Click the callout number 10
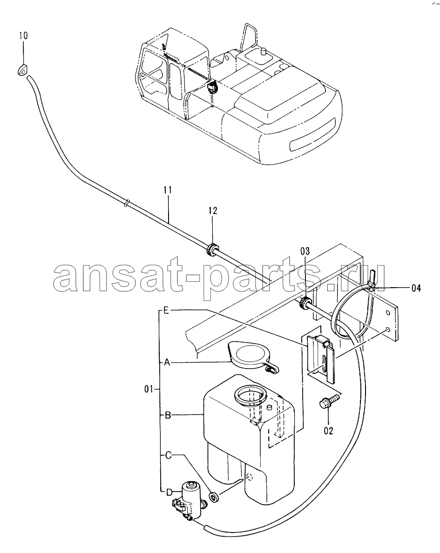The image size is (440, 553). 23,36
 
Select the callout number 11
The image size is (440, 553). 168,190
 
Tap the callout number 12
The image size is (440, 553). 212,210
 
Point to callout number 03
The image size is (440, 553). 305,251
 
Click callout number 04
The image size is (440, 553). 416,288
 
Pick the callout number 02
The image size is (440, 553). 328,431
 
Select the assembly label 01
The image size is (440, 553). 149,389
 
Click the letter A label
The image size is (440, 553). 167,362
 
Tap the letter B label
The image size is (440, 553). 168,415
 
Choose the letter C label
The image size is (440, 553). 168,455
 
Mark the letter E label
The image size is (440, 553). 167,310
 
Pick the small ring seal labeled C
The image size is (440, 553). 214,497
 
